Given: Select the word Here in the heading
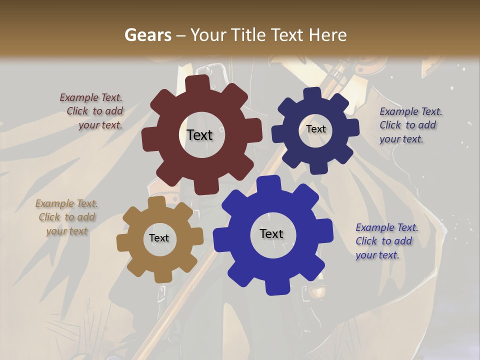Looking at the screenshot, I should point(328,35).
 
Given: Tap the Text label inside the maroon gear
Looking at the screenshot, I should point(199,135).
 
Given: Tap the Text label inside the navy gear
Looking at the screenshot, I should point(315,129).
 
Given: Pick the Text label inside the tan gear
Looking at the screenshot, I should point(159,238).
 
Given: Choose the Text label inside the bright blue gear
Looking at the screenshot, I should point(271,233).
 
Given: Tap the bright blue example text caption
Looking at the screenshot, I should point(386,241).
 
